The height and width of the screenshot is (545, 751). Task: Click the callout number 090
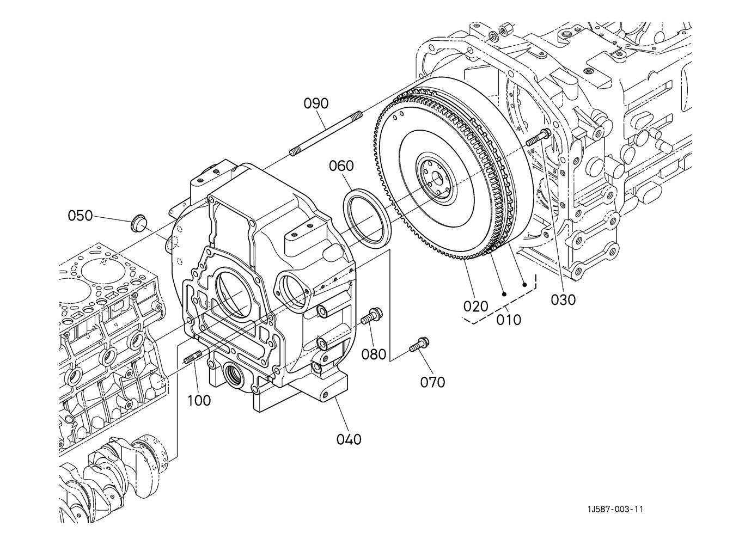(316, 103)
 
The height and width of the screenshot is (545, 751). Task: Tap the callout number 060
(341, 166)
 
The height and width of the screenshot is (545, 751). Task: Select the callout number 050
(80, 216)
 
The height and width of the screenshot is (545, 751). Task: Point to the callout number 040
(349, 439)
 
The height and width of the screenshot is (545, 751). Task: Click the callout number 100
(199, 401)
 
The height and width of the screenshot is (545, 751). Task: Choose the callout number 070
(432, 382)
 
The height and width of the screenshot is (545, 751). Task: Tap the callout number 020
(476, 307)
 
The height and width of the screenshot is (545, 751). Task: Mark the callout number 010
(509, 320)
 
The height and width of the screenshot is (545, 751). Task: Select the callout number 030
(563, 300)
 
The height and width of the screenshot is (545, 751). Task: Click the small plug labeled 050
(137, 222)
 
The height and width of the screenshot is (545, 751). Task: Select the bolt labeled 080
(371, 316)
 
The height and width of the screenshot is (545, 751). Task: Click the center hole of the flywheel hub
(437, 178)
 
